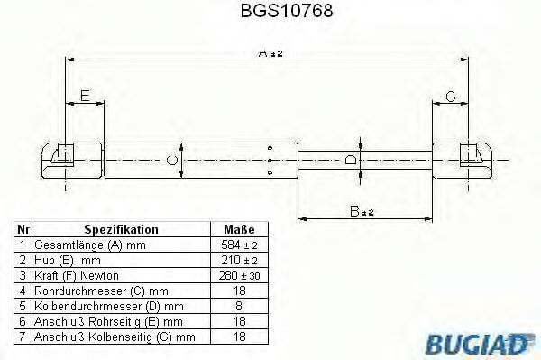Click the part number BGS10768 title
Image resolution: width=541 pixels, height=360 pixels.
tap(270, 14)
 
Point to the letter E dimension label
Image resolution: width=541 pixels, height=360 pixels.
tap(85, 95)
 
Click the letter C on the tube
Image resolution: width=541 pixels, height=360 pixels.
tap(172, 162)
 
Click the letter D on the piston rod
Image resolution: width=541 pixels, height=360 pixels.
tap(352, 161)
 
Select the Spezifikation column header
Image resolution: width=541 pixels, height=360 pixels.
tap(121, 230)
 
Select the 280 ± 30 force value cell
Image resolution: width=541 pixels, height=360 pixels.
tap(239, 274)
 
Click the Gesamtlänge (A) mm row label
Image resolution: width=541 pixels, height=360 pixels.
tap(89, 245)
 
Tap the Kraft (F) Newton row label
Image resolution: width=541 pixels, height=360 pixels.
tap(77, 274)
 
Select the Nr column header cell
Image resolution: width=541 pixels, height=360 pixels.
tap(23, 230)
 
